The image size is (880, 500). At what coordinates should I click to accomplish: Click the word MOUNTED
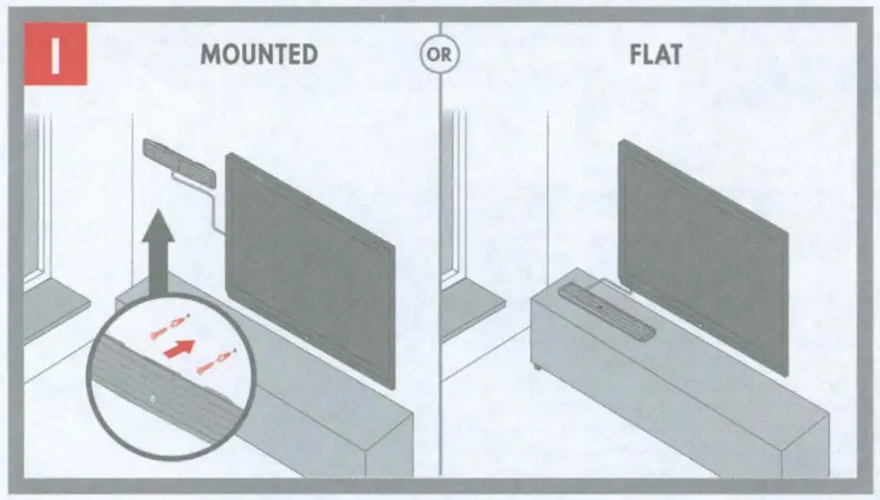259,55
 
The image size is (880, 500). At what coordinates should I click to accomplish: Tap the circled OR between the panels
440,55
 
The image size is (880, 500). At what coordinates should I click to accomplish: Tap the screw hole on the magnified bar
154,398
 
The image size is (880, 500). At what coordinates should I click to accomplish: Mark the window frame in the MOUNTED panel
36,202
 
